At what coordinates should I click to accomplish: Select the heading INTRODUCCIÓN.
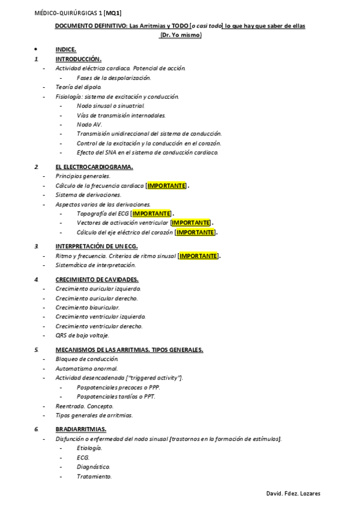78,60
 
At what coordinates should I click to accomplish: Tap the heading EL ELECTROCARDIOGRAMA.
94,167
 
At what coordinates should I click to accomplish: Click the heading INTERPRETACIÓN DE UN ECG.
97,246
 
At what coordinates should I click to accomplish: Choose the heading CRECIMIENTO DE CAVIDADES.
97,280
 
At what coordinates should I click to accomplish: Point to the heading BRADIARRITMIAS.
81,429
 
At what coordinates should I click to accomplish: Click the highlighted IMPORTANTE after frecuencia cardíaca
166,186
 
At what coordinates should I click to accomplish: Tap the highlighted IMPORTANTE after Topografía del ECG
151,214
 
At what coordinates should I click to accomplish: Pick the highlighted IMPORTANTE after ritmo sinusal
199,256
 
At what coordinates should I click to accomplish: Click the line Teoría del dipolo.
79,87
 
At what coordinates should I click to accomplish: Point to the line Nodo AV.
90,124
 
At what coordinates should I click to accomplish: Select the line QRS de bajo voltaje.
82,336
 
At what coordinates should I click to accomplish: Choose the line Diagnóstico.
93,467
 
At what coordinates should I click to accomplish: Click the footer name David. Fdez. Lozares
293,494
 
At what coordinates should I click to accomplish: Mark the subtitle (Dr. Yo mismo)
180,35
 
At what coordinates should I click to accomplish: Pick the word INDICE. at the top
66,49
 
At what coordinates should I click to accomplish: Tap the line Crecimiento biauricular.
87,307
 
